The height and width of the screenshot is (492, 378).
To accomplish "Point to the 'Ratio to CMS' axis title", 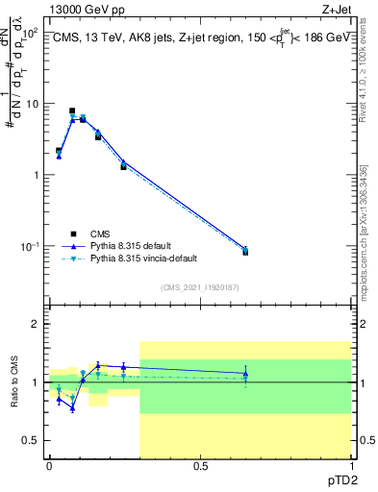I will point(14,382).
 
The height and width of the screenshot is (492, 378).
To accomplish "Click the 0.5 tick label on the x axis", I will point(200,466).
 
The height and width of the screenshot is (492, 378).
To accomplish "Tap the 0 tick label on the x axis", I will point(49,466).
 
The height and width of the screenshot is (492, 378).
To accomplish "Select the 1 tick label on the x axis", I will point(351,466).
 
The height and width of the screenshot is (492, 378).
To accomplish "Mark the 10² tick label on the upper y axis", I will point(30,32).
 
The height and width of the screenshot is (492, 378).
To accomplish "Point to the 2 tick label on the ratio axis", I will point(36,324).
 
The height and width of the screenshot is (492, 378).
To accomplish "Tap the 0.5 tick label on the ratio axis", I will point(32,440).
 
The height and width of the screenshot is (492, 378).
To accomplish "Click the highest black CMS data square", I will point(72,111).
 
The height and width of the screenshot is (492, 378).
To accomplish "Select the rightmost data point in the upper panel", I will point(245,251).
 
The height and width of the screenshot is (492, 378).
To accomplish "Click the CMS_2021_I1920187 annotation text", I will point(199,287).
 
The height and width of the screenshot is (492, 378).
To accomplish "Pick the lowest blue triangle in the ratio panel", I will point(72,408).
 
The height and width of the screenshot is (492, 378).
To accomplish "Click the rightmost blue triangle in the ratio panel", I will point(245,373).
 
